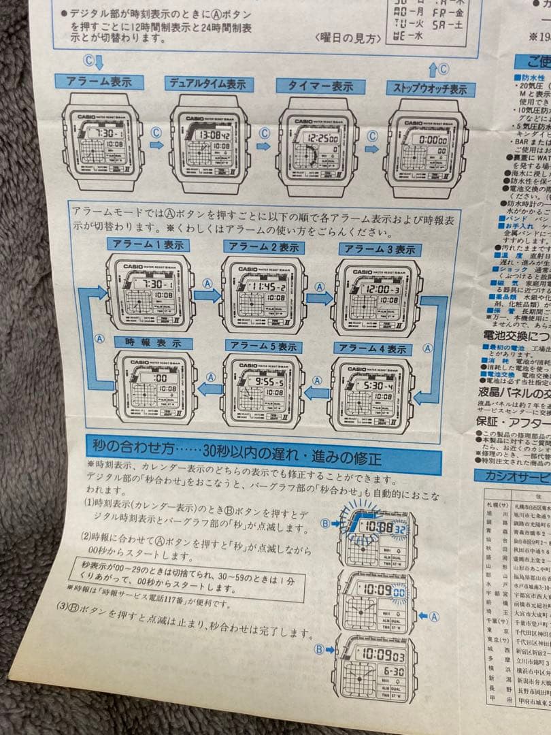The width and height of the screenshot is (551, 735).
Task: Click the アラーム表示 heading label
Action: coord(101,82)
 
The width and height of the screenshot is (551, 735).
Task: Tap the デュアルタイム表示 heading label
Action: coord(209,84)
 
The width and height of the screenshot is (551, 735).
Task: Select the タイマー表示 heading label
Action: coord(315,86)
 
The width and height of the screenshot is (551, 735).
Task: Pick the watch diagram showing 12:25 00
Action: coord(317,147)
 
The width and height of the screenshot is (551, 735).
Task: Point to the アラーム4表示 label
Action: coord(371,349)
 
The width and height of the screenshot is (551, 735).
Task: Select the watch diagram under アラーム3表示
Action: coord(376,297)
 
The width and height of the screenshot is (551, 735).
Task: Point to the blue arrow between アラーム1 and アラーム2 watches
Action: coord(206,295)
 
